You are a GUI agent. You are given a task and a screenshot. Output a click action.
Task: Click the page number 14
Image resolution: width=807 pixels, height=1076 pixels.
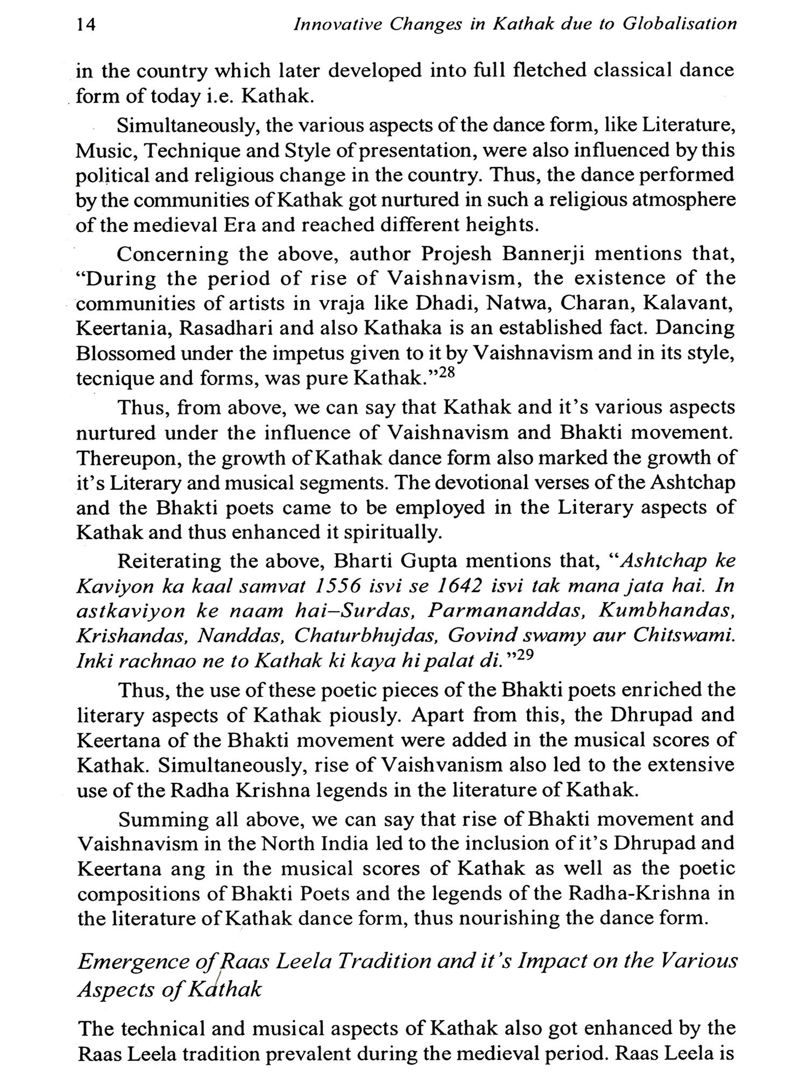86,25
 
